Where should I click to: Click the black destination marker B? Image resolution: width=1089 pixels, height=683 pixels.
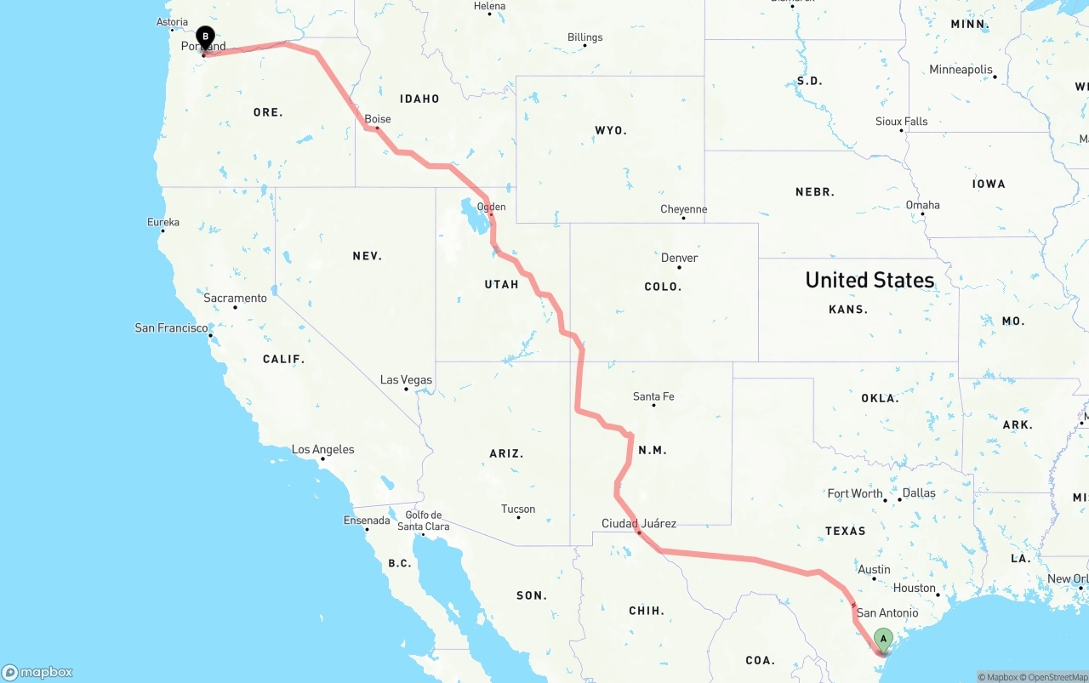(204, 37)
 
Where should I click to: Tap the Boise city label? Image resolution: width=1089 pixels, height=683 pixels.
(378, 119)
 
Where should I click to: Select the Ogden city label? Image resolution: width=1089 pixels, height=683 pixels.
(492, 207)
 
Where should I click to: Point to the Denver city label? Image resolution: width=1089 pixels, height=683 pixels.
(679, 258)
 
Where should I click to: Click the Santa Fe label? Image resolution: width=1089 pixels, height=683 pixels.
(653, 396)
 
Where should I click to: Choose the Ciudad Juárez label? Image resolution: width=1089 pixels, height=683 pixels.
(639, 523)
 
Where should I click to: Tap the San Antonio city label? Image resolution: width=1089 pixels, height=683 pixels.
(887, 612)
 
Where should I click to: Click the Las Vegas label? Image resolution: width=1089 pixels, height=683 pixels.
(406, 380)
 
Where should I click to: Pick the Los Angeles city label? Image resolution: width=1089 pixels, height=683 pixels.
(322, 449)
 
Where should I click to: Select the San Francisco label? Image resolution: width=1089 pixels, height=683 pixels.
(171, 327)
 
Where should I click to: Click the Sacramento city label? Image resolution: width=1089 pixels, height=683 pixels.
(235, 299)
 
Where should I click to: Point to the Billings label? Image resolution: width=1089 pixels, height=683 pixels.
(584, 37)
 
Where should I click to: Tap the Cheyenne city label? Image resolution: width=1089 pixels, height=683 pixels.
(683, 209)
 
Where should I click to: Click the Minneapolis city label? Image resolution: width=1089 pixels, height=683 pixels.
(961, 70)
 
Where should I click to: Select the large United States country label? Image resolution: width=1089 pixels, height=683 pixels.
(869, 280)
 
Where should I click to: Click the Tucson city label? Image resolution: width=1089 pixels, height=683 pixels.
(518, 509)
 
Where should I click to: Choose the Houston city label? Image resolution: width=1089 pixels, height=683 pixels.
(915, 588)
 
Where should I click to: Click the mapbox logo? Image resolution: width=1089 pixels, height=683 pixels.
(37, 672)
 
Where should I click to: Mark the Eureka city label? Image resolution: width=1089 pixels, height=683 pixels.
(163, 222)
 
